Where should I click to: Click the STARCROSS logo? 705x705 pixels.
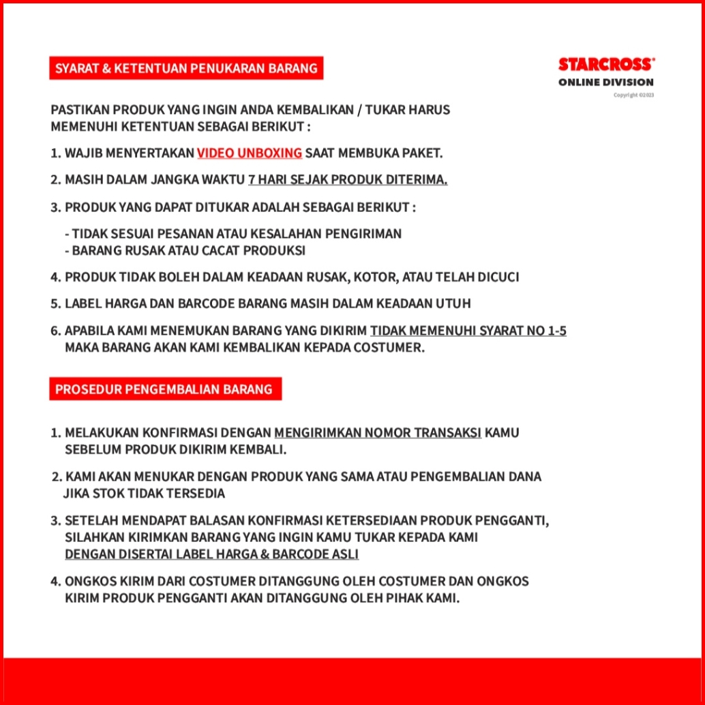(606, 65)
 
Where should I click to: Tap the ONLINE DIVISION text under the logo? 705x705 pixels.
(605, 82)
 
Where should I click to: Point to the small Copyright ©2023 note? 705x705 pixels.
(633, 95)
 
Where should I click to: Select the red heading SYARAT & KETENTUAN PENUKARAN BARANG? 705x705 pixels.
(186, 68)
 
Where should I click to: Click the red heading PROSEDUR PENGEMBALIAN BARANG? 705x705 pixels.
(164, 389)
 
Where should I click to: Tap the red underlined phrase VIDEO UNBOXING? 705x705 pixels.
(250, 153)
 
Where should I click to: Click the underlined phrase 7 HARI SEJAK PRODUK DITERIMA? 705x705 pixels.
(348, 180)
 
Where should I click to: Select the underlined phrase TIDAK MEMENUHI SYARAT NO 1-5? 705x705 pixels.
(468, 331)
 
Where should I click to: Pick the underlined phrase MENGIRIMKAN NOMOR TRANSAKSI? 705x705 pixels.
(378, 433)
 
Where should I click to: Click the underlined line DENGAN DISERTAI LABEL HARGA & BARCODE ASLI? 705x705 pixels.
(211, 554)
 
